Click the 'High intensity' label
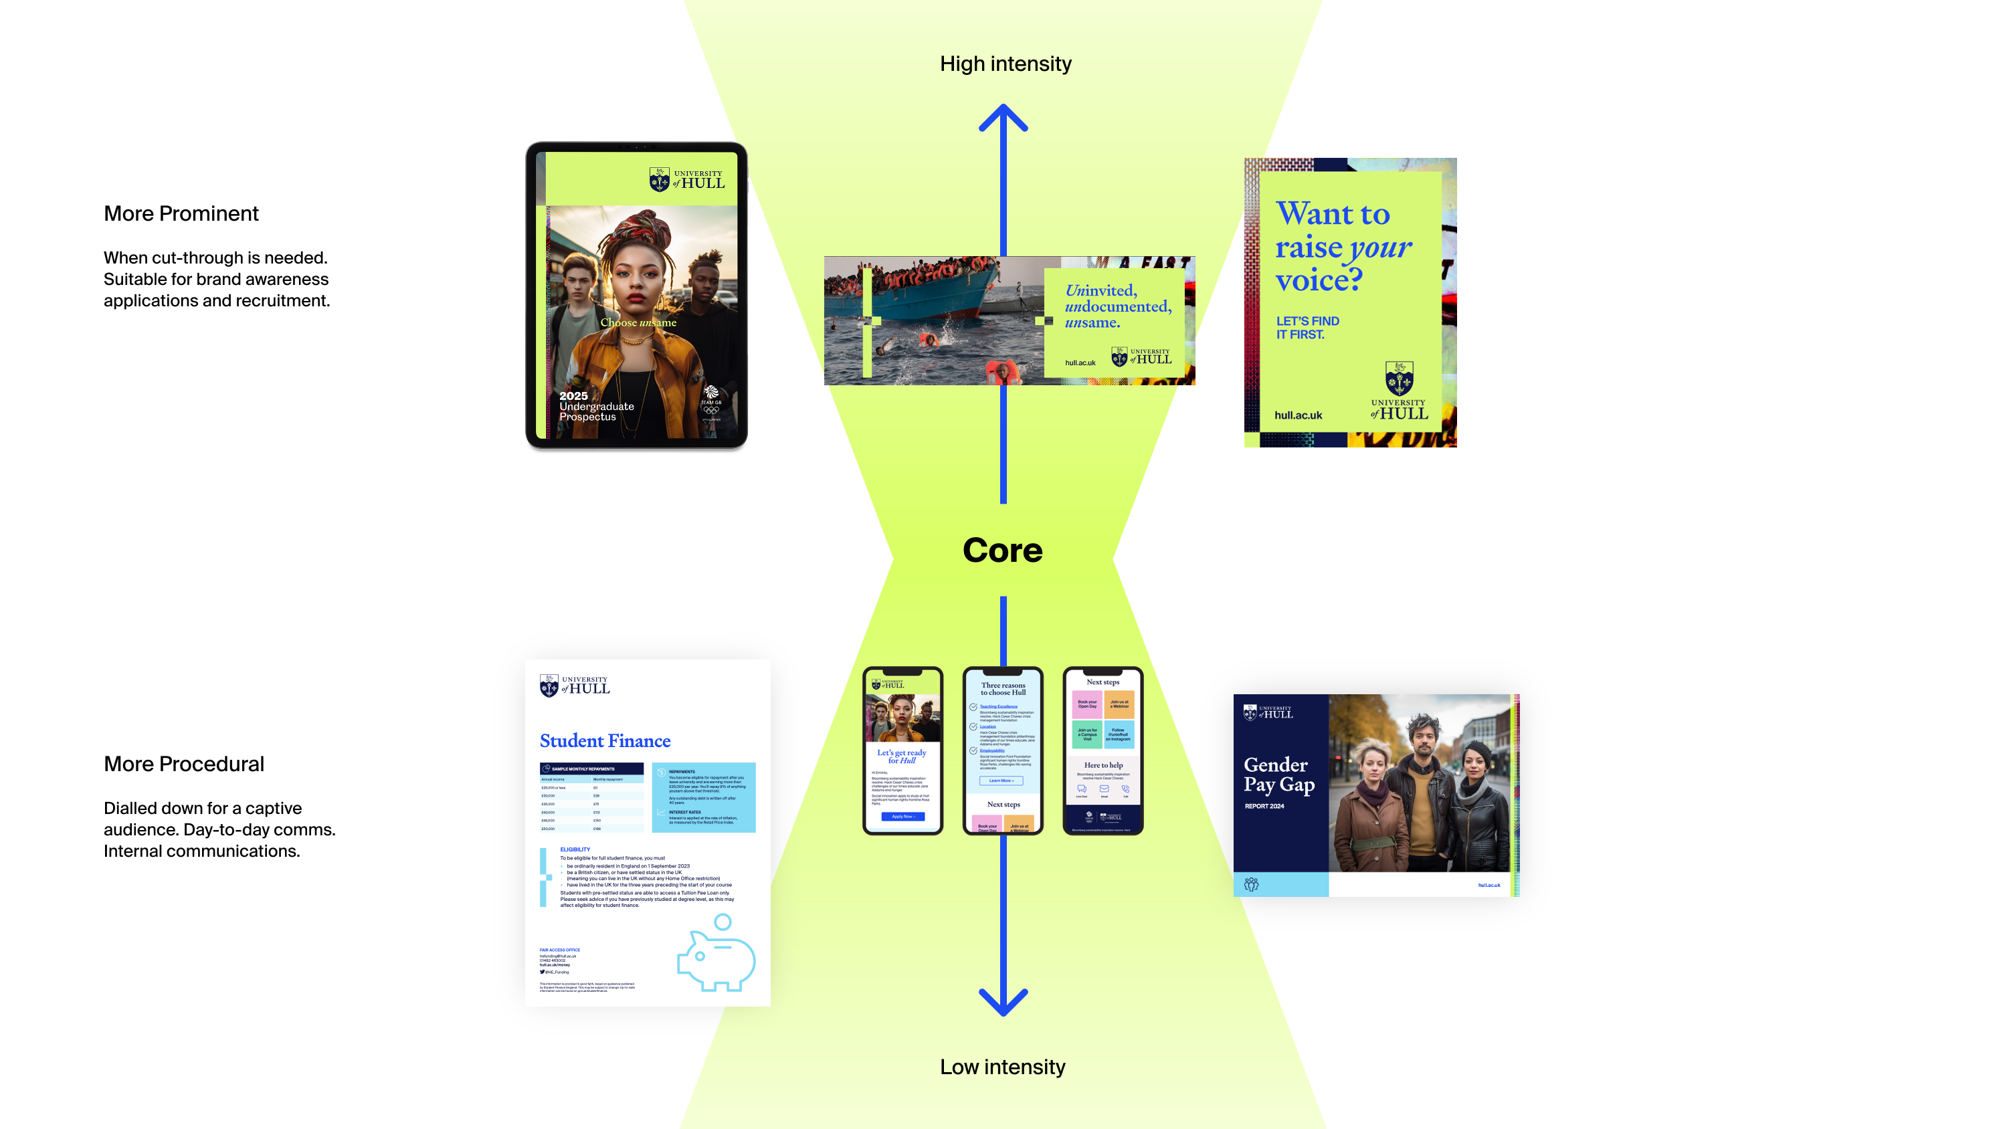click(1005, 64)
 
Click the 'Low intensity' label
click(1002, 1067)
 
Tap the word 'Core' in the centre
click(1002, 550)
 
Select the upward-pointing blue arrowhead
click(1003, 118)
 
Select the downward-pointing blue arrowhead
click(1003, 1001)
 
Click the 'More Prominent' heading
click(181, 213)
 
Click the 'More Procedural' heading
click(184, 764)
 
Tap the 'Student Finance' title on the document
click(605, 740)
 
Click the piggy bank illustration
click(716, 954)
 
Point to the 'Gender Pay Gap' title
click(1278, 775)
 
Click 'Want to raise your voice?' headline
click(1343, 246)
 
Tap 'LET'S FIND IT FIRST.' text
click(1307, 327)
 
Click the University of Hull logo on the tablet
click(686, 180)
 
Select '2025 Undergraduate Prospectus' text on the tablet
click(596, 406)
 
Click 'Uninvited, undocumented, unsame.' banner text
click(1117, 306)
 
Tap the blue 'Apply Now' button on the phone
click(903, 817)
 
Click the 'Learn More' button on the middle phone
click(1001, 780)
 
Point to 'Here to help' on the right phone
click(1103, 765)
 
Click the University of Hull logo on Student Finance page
click(574, 685)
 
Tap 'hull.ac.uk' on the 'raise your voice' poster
click(1298, 415)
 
